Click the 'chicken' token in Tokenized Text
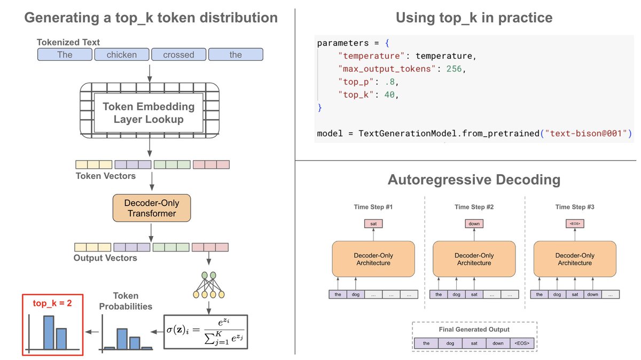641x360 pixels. point(121,54)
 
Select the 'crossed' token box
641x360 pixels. point(178,54)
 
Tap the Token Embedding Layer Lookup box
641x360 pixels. point(148,112)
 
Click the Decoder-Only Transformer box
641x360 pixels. point(152,208)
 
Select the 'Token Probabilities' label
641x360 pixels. point(126,301)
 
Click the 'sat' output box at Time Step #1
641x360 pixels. point(373,224)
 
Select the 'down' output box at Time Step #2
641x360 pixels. point(474,224)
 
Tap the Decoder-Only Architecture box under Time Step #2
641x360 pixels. point(474,259)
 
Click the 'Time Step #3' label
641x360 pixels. point(575,207)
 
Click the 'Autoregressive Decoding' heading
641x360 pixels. point(474,179)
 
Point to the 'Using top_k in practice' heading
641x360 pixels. point(474,18)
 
